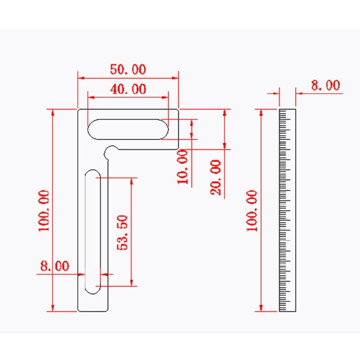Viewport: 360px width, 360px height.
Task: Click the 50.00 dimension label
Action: point(128,70)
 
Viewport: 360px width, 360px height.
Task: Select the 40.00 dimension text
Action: point(128,89)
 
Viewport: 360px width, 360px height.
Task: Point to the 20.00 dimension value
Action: point(216,177)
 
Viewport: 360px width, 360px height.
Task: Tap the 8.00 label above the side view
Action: point(325,85)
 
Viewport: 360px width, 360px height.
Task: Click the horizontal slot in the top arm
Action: point(128,129)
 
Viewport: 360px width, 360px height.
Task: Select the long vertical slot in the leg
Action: point(93,232)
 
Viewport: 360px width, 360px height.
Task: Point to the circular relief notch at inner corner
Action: point(111,152)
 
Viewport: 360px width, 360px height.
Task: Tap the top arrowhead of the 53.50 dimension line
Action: point(132,180)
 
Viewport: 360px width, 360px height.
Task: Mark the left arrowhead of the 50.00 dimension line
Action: point(81,77)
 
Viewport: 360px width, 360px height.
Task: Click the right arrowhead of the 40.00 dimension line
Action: point(166,97)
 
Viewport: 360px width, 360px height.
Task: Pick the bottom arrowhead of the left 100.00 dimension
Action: point(53,308)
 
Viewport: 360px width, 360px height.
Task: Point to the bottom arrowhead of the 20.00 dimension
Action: point(225,146)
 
